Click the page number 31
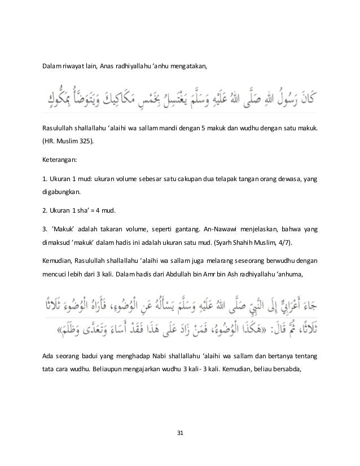click(x=180, y=432)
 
